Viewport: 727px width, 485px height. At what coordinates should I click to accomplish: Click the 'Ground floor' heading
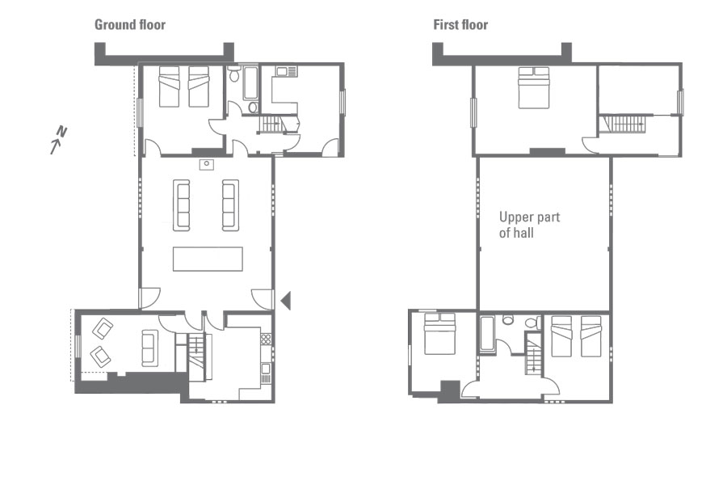[x=130, y=24]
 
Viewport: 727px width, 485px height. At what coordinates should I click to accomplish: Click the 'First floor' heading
[x=460, y=24]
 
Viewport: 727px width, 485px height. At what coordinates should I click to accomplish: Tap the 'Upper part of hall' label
[x=529, y=225]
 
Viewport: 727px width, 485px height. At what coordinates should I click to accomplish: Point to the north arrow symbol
[x=58, y=140]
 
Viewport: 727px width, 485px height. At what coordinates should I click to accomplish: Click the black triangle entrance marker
[x=286, y=301]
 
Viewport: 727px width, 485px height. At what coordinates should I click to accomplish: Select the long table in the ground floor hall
[x=208, y=259]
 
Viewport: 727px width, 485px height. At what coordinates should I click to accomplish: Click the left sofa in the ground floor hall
[x=181, y=205]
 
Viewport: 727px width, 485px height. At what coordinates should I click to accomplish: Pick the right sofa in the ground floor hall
[x=230, y=205]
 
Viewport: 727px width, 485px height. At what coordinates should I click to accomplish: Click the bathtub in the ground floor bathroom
[x=250, y=83]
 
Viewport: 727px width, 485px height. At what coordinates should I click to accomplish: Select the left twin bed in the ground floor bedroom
[x=169, y=86]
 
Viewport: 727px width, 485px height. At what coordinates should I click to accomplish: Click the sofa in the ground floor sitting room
[x=149, y=348]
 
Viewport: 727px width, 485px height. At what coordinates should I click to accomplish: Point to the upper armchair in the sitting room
[x=103, y=329]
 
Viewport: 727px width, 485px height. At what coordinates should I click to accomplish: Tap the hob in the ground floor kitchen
[x=266, y=339]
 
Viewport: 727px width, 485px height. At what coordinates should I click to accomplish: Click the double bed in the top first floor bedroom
[x=534, y=88]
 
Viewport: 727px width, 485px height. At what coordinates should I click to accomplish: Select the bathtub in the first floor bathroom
[x=487, y=334]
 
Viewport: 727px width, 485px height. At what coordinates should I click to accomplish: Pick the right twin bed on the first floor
[x=590, y=336]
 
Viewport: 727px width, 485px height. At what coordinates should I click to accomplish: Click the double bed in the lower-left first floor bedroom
[x=440, y=334]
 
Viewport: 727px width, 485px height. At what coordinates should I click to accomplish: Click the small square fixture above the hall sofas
[x=207, y=164]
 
